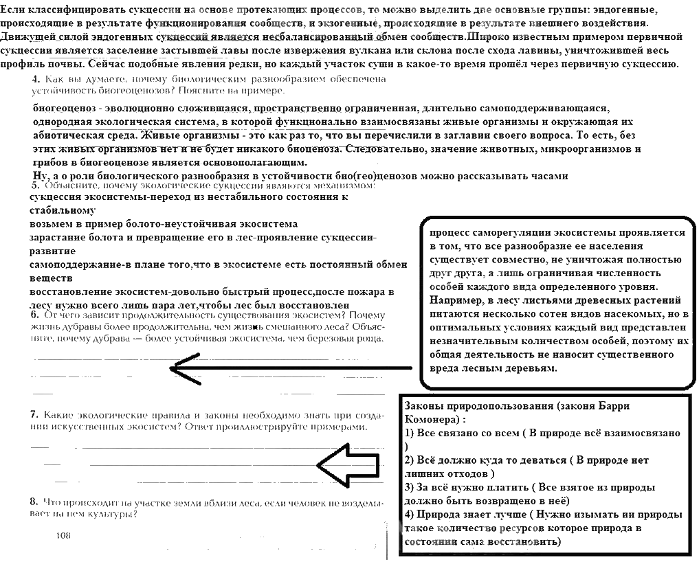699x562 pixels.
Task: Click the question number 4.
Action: [36, 80]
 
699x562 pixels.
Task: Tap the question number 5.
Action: [34, 186]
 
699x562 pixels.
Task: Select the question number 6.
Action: [34, 315]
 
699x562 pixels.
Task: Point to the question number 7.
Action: [34, 415]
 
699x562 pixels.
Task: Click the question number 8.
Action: [34, 502]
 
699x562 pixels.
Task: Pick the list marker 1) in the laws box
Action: [411, 434]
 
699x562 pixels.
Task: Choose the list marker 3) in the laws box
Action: [411, 487]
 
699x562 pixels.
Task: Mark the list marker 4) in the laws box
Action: [411, 515]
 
